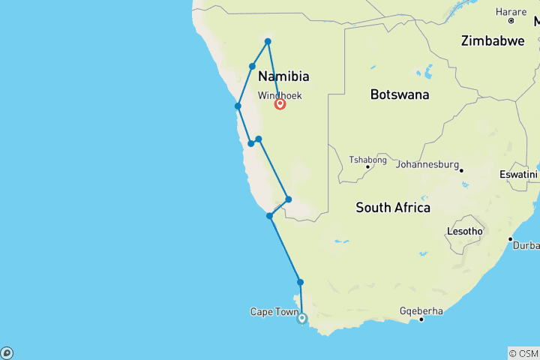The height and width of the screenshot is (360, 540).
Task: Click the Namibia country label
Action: tap(283, 76)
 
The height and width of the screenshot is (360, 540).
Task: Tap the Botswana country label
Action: tap(400, 94)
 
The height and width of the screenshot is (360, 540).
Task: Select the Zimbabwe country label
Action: tap(493, 40)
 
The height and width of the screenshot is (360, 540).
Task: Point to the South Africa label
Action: tap(393, 207)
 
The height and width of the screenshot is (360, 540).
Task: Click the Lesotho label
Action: tap(464, 231)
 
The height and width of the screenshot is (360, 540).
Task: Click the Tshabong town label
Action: tap(367, 160)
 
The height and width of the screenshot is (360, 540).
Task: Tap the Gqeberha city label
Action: tap(421, 310)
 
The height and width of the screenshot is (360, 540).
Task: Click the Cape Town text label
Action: tap(274, 312)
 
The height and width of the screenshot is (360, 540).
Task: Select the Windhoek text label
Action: tap(279, 96)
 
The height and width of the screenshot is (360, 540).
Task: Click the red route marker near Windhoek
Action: tap(280, 104)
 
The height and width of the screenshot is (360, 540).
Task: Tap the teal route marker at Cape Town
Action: tap(302, 318)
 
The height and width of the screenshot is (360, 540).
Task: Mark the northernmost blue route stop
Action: tap(268, 40)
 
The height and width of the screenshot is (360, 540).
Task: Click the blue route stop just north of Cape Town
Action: tap(301, 282)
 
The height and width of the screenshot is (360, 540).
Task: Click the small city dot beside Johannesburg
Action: tap(461, 170)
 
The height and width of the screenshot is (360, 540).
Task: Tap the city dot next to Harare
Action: tap(511, 20)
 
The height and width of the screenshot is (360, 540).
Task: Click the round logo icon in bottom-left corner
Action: tap(7, 352)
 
